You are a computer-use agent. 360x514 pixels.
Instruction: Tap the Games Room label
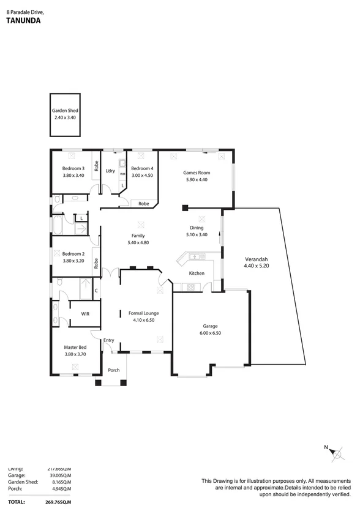197,173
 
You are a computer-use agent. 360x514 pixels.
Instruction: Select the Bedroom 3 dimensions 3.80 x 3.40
73,175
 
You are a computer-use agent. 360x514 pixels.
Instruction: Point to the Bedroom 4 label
142,168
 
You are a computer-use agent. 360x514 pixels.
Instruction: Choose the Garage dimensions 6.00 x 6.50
211,333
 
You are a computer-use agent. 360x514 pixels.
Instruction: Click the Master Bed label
75,347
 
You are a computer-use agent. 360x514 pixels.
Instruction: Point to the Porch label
114,370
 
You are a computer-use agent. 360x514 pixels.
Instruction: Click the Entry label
109,340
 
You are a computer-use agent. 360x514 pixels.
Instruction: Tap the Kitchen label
197,273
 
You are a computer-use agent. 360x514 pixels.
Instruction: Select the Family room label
138,236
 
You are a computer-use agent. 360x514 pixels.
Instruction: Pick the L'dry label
110,171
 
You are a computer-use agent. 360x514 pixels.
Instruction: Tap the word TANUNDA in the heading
23,20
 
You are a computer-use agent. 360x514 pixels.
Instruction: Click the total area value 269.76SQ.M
54,502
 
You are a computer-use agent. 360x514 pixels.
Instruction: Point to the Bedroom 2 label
73,253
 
